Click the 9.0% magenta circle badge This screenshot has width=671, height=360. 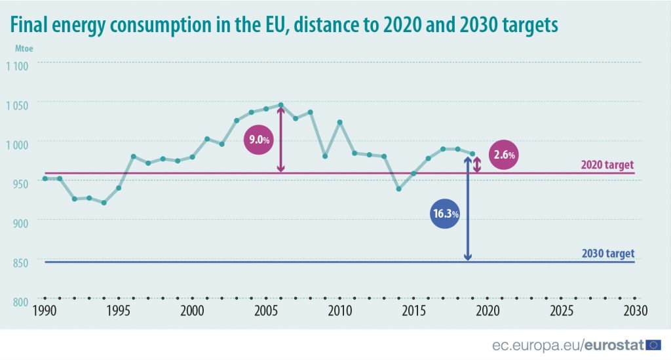pos(257,139)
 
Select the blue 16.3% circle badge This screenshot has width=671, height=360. pos(445,214)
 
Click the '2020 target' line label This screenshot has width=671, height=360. pos(607,165)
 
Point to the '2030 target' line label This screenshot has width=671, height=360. pos(607,254)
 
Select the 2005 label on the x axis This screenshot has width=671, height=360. pos(265,310)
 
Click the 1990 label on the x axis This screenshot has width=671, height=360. pos(45,310)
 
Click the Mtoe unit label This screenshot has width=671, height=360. pos(25,48)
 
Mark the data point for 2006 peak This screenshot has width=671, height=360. pos(280,105)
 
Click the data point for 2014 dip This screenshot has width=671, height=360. pos(398,189)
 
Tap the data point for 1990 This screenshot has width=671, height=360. pos(45,178)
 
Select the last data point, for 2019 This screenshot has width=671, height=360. pos(472,153)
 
